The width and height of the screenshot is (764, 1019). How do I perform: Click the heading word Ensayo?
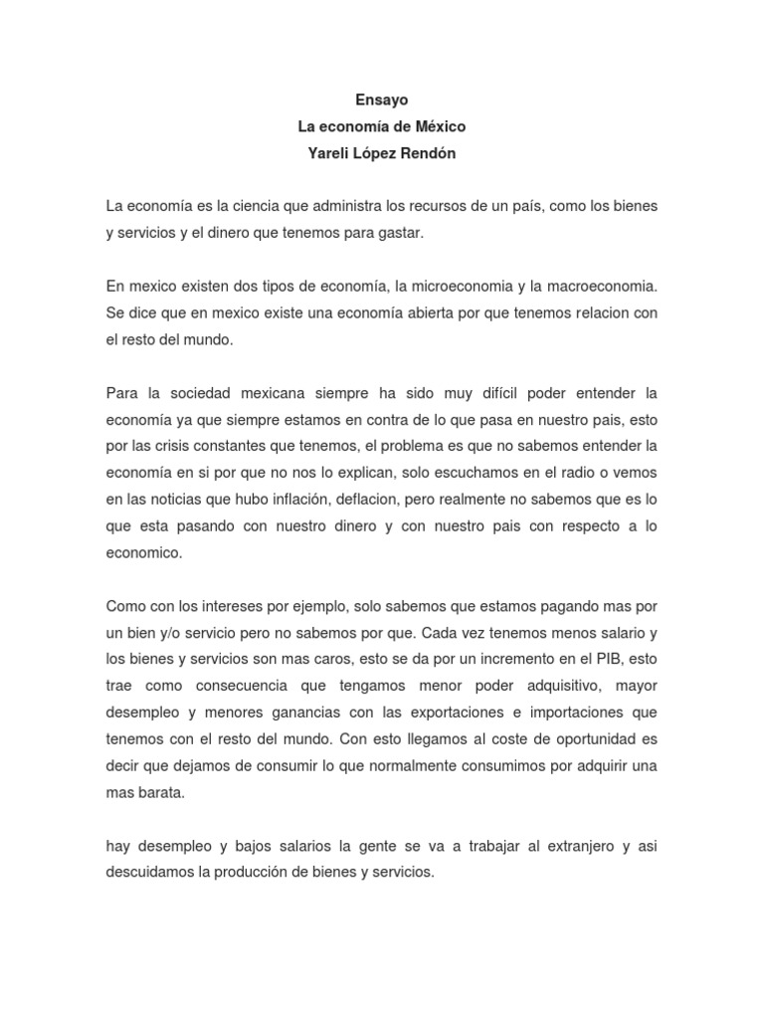click(x=382, y=100)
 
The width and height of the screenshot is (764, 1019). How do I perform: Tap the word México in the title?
click(x=437, y=127)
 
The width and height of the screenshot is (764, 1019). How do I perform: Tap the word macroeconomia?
click(x=601, y=286)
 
